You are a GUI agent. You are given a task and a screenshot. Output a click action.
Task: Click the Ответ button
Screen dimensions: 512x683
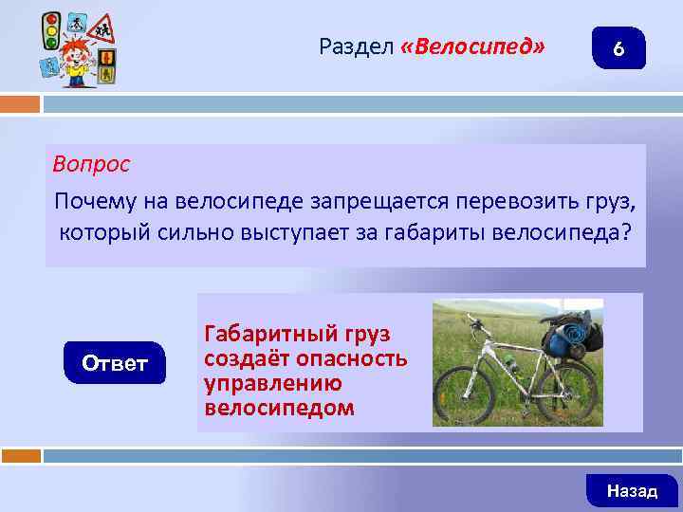[115, 363]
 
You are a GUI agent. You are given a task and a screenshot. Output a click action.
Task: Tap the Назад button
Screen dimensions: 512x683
[632, 490]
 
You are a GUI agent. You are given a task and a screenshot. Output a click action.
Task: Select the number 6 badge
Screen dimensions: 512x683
[618, 49]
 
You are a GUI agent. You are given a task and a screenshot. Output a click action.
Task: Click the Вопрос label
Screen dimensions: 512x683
[91, 164]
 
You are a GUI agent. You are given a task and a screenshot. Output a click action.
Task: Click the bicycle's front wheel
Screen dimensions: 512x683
[466, 392]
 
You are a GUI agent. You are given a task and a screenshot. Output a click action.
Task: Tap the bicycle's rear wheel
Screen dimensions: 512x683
[568, 390]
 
